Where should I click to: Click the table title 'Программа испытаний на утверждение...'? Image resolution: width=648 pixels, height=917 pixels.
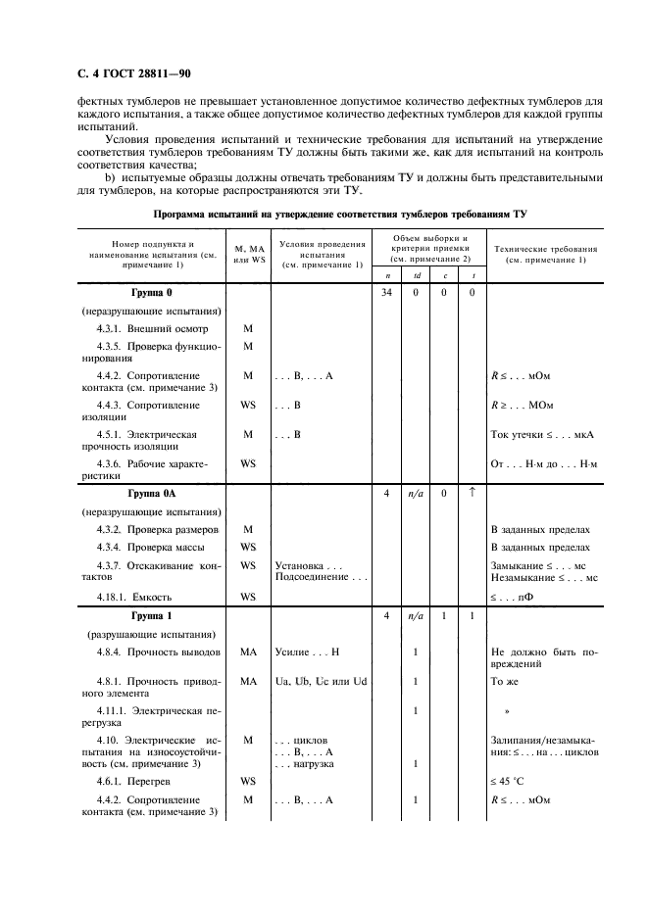pos(339,213)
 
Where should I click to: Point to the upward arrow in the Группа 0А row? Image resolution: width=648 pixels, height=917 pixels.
pos(471,493)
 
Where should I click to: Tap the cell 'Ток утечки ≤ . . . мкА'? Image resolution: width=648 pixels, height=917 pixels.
pos(543,434)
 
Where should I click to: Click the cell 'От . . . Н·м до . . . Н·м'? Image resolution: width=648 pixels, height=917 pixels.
pos(545,462)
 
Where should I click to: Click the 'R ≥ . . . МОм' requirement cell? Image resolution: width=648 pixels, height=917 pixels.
pos(523,405)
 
